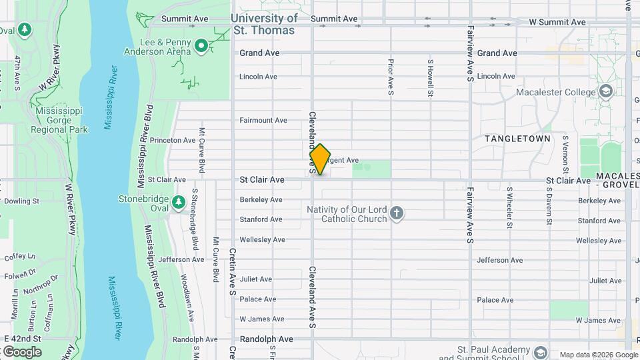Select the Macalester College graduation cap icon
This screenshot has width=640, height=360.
(605, 91)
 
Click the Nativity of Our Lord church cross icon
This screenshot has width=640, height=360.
(397, 213)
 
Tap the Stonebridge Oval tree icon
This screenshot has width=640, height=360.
(178, 201)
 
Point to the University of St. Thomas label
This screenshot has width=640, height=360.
(265, 24)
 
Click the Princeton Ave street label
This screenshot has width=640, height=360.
(172, 141)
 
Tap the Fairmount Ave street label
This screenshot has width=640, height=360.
(263, 121)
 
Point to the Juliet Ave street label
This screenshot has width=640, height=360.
(256, 279)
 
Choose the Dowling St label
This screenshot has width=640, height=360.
(22, 201)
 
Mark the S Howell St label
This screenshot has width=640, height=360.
(431, 77)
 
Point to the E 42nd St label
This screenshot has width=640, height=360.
(22, 339)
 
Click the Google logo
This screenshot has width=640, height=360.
(21, 351)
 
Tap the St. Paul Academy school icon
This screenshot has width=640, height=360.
(540, 351)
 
